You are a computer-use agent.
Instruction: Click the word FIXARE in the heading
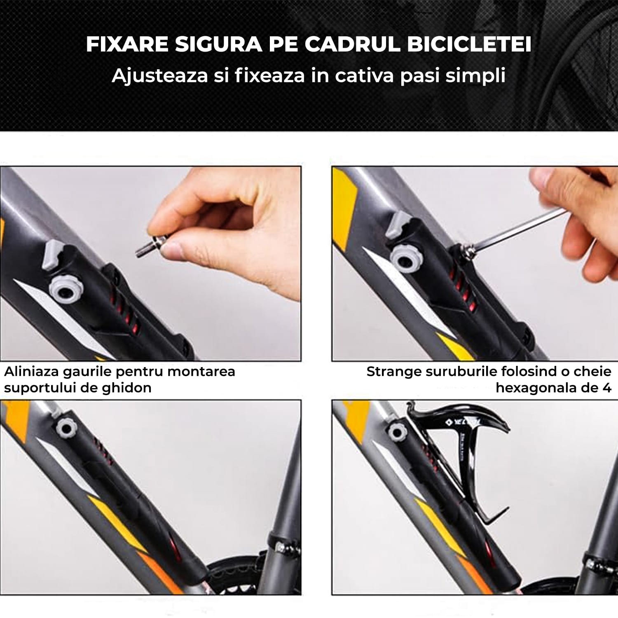[127, 44]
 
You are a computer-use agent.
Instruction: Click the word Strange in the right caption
[393, 372]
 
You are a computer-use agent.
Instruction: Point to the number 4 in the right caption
[606, 388]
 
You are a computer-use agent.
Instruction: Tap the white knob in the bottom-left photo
[65, 429]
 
